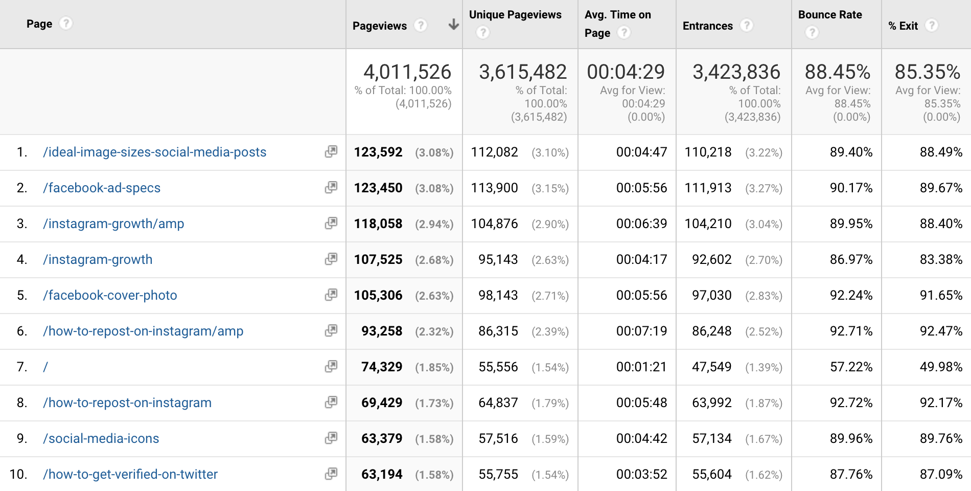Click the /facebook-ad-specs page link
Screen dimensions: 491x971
coord(102,188)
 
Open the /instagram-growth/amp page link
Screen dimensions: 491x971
coord(113,224)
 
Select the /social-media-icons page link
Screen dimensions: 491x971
coord(101,438)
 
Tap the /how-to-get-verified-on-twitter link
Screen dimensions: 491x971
coord(130,474)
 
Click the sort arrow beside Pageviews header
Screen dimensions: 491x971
coord(453,25)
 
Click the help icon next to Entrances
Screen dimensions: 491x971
coord(747,25)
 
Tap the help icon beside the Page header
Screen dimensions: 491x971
coord(66,24)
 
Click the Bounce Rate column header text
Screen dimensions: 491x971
coord(830,15)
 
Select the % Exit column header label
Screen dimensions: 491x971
coord(903,26)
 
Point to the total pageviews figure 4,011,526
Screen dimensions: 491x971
coord(407,72)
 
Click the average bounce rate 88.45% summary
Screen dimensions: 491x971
coord(838,72)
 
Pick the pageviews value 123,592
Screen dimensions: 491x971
coord(378,152)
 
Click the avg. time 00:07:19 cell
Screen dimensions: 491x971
coord(641,331)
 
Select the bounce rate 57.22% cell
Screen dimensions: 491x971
coord(851,367)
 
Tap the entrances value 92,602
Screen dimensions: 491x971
coord(712,259)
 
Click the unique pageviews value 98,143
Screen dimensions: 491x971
coord(498,295)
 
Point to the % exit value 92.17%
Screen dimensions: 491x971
coord(941,403)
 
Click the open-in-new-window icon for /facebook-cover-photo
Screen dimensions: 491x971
coord(331,295)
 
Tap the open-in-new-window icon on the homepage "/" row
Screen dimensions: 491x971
coord(331,366)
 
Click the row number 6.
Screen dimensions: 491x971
coord(21,331)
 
